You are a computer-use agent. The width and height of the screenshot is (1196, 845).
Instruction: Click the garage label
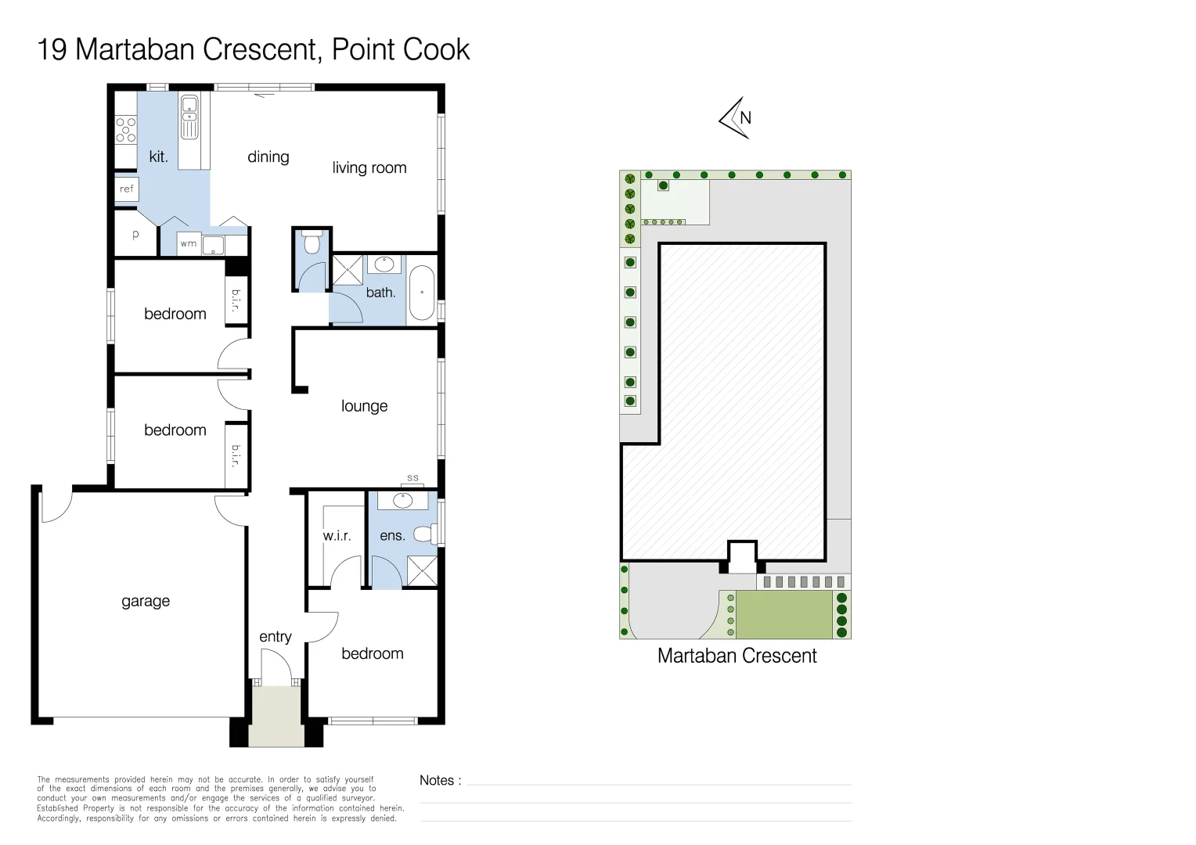pyautogui.click(x=146, y=602)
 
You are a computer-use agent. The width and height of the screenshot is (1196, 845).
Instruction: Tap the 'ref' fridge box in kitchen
pyautogui.click(x=127, y=189)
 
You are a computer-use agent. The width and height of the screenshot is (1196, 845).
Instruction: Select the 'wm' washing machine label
pyautogui.click(x=189, y=244)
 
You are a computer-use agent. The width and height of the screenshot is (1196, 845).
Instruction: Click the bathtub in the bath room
pyautogui.click(x=423, y=293)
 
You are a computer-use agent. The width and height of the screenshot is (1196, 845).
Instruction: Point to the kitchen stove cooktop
pyautogui.click(x=126, y=131)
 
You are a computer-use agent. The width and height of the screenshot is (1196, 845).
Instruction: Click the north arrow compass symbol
pyautogui.click(x=736, y=118)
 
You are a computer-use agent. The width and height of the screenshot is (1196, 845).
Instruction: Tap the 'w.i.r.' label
pyautogui.click(x=337, y=535)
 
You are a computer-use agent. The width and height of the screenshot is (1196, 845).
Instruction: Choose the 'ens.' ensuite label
pyautogui.click(x=392, y=535)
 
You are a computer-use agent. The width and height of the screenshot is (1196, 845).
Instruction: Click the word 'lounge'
pyautogui.click(x=364, y=406)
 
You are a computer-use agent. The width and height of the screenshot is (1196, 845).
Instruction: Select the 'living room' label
pyautogui.click(x=369, y=167)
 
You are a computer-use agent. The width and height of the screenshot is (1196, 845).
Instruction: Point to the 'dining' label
pyautogui.click(x=268, y=157)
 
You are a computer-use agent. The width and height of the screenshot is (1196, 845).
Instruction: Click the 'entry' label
pyautogui.click(x=276, y=637)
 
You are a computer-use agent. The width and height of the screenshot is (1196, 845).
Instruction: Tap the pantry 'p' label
pyautogui.click(x=135, y=235)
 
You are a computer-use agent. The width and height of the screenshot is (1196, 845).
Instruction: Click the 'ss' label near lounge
pyautogui.click(x=412, y=478)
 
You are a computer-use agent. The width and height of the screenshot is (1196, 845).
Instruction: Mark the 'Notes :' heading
pyautogui.click(x=441, y=780)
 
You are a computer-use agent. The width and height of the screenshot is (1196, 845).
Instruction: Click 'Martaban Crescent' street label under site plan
pyautogui.click(x=737, y=656)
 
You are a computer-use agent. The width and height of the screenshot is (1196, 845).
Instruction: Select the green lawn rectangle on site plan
pyautogui.click(x=784, y=614)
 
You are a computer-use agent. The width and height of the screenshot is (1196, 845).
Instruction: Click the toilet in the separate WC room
pyautogui.click(x=311, y=242)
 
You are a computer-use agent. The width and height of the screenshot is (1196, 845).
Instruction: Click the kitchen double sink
pyautogui.click(x=189, y=117)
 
